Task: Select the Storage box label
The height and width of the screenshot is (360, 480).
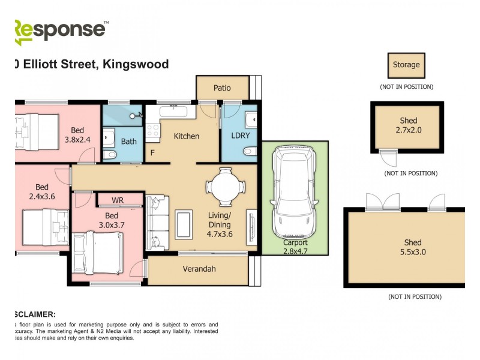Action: point(406,65)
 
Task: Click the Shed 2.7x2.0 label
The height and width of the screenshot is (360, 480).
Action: point(408,125)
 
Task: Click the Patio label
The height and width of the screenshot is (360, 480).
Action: point(222,88)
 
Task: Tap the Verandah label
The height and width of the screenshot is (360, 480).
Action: point(199,269)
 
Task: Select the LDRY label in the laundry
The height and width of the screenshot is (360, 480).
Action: point(240,136)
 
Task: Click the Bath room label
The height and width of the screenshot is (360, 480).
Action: point(129,142)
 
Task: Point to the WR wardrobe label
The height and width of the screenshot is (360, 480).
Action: point(118,199)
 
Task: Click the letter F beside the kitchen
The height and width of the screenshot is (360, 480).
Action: point(152,153)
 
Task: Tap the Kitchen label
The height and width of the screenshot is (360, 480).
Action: point(186,136)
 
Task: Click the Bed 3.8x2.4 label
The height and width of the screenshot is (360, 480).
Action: point(77,134)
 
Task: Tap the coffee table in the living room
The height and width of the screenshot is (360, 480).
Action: point(183,224)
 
